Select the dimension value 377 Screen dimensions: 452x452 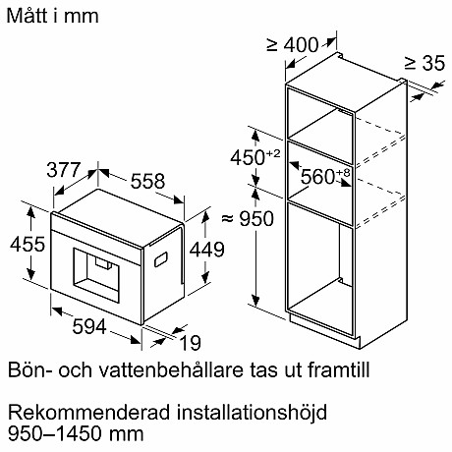[66, 170]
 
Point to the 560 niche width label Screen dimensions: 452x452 [324, 178]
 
